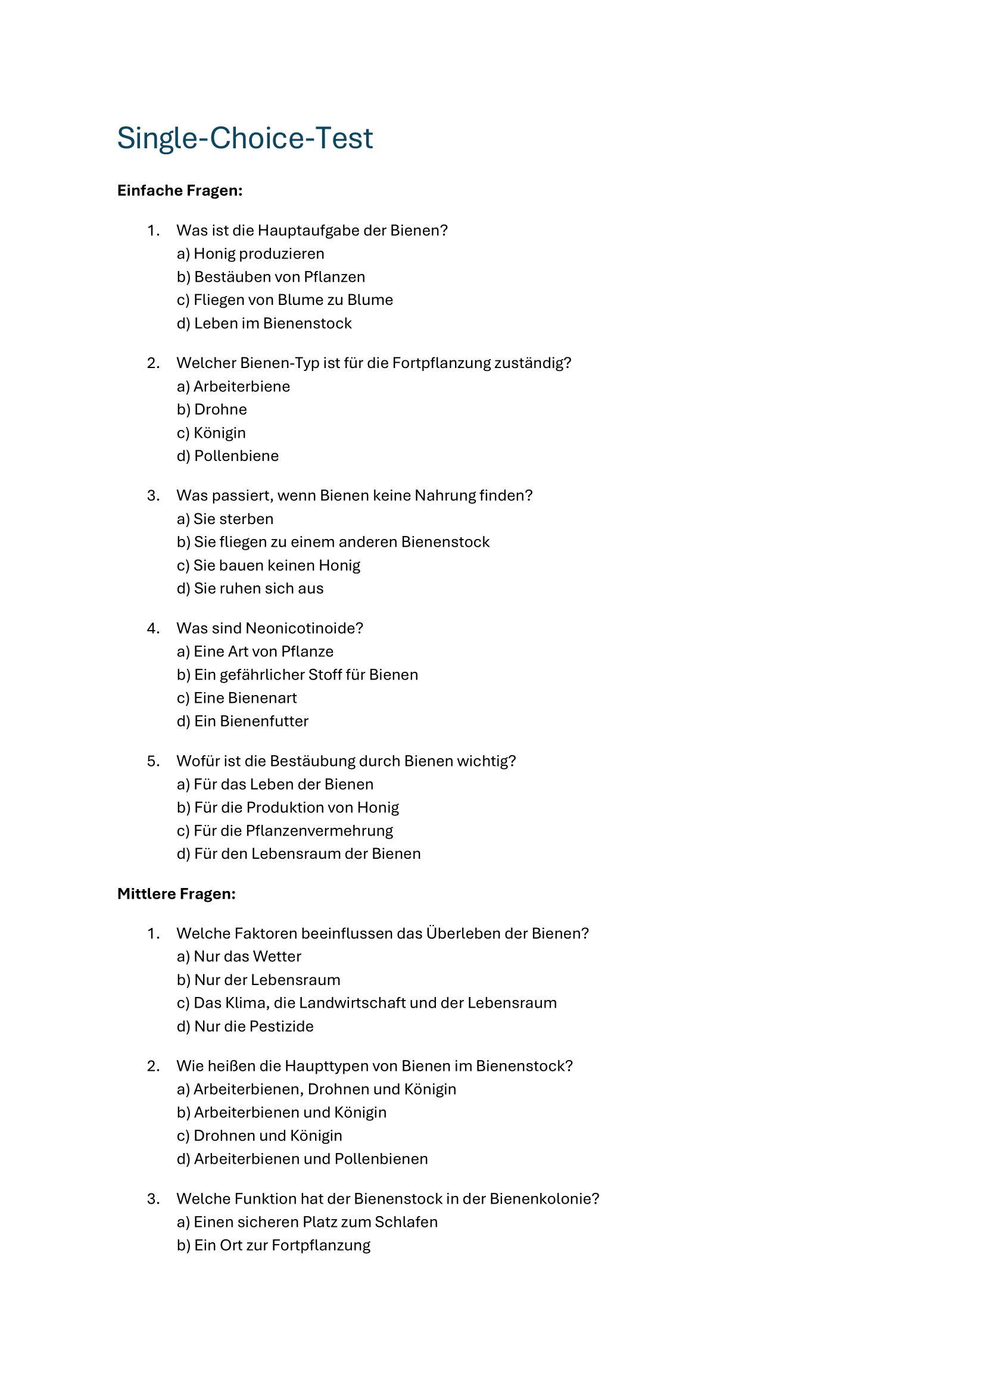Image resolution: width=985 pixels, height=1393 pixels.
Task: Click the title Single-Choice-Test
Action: click(x=244, y=138)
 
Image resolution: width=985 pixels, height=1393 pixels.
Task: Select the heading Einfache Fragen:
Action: click(x=179, y=191)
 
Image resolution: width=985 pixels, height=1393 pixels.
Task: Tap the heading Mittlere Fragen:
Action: click(x=176, y=894)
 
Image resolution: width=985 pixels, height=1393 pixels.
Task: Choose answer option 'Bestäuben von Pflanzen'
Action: click(x=279, y=278)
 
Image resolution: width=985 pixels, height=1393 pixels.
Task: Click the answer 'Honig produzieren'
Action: click(x=258, y=254)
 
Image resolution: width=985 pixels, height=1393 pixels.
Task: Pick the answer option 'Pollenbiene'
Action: click(x=236, y=456)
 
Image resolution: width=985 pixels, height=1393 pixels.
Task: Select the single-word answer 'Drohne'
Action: click(x=220, y=410)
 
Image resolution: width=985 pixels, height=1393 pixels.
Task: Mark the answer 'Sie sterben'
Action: click(x=233, y=519)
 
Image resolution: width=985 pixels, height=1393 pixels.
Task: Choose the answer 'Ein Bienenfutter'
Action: click(x=251, y=721)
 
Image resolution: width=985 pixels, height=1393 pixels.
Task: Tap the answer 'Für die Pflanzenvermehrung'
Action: click(x=293, y=831)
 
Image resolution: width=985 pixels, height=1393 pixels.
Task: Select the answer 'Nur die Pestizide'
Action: click(x=254, y=1027)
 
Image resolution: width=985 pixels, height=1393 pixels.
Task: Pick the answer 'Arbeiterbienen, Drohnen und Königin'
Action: click(x=325, y=1090)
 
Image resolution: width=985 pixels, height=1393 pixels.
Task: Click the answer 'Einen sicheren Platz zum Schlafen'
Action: click(x=316, y=1222)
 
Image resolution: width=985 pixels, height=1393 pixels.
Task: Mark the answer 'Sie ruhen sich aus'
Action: click(x=258, y=588)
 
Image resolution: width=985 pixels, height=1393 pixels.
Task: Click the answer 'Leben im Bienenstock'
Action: click(x=272, y=324)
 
